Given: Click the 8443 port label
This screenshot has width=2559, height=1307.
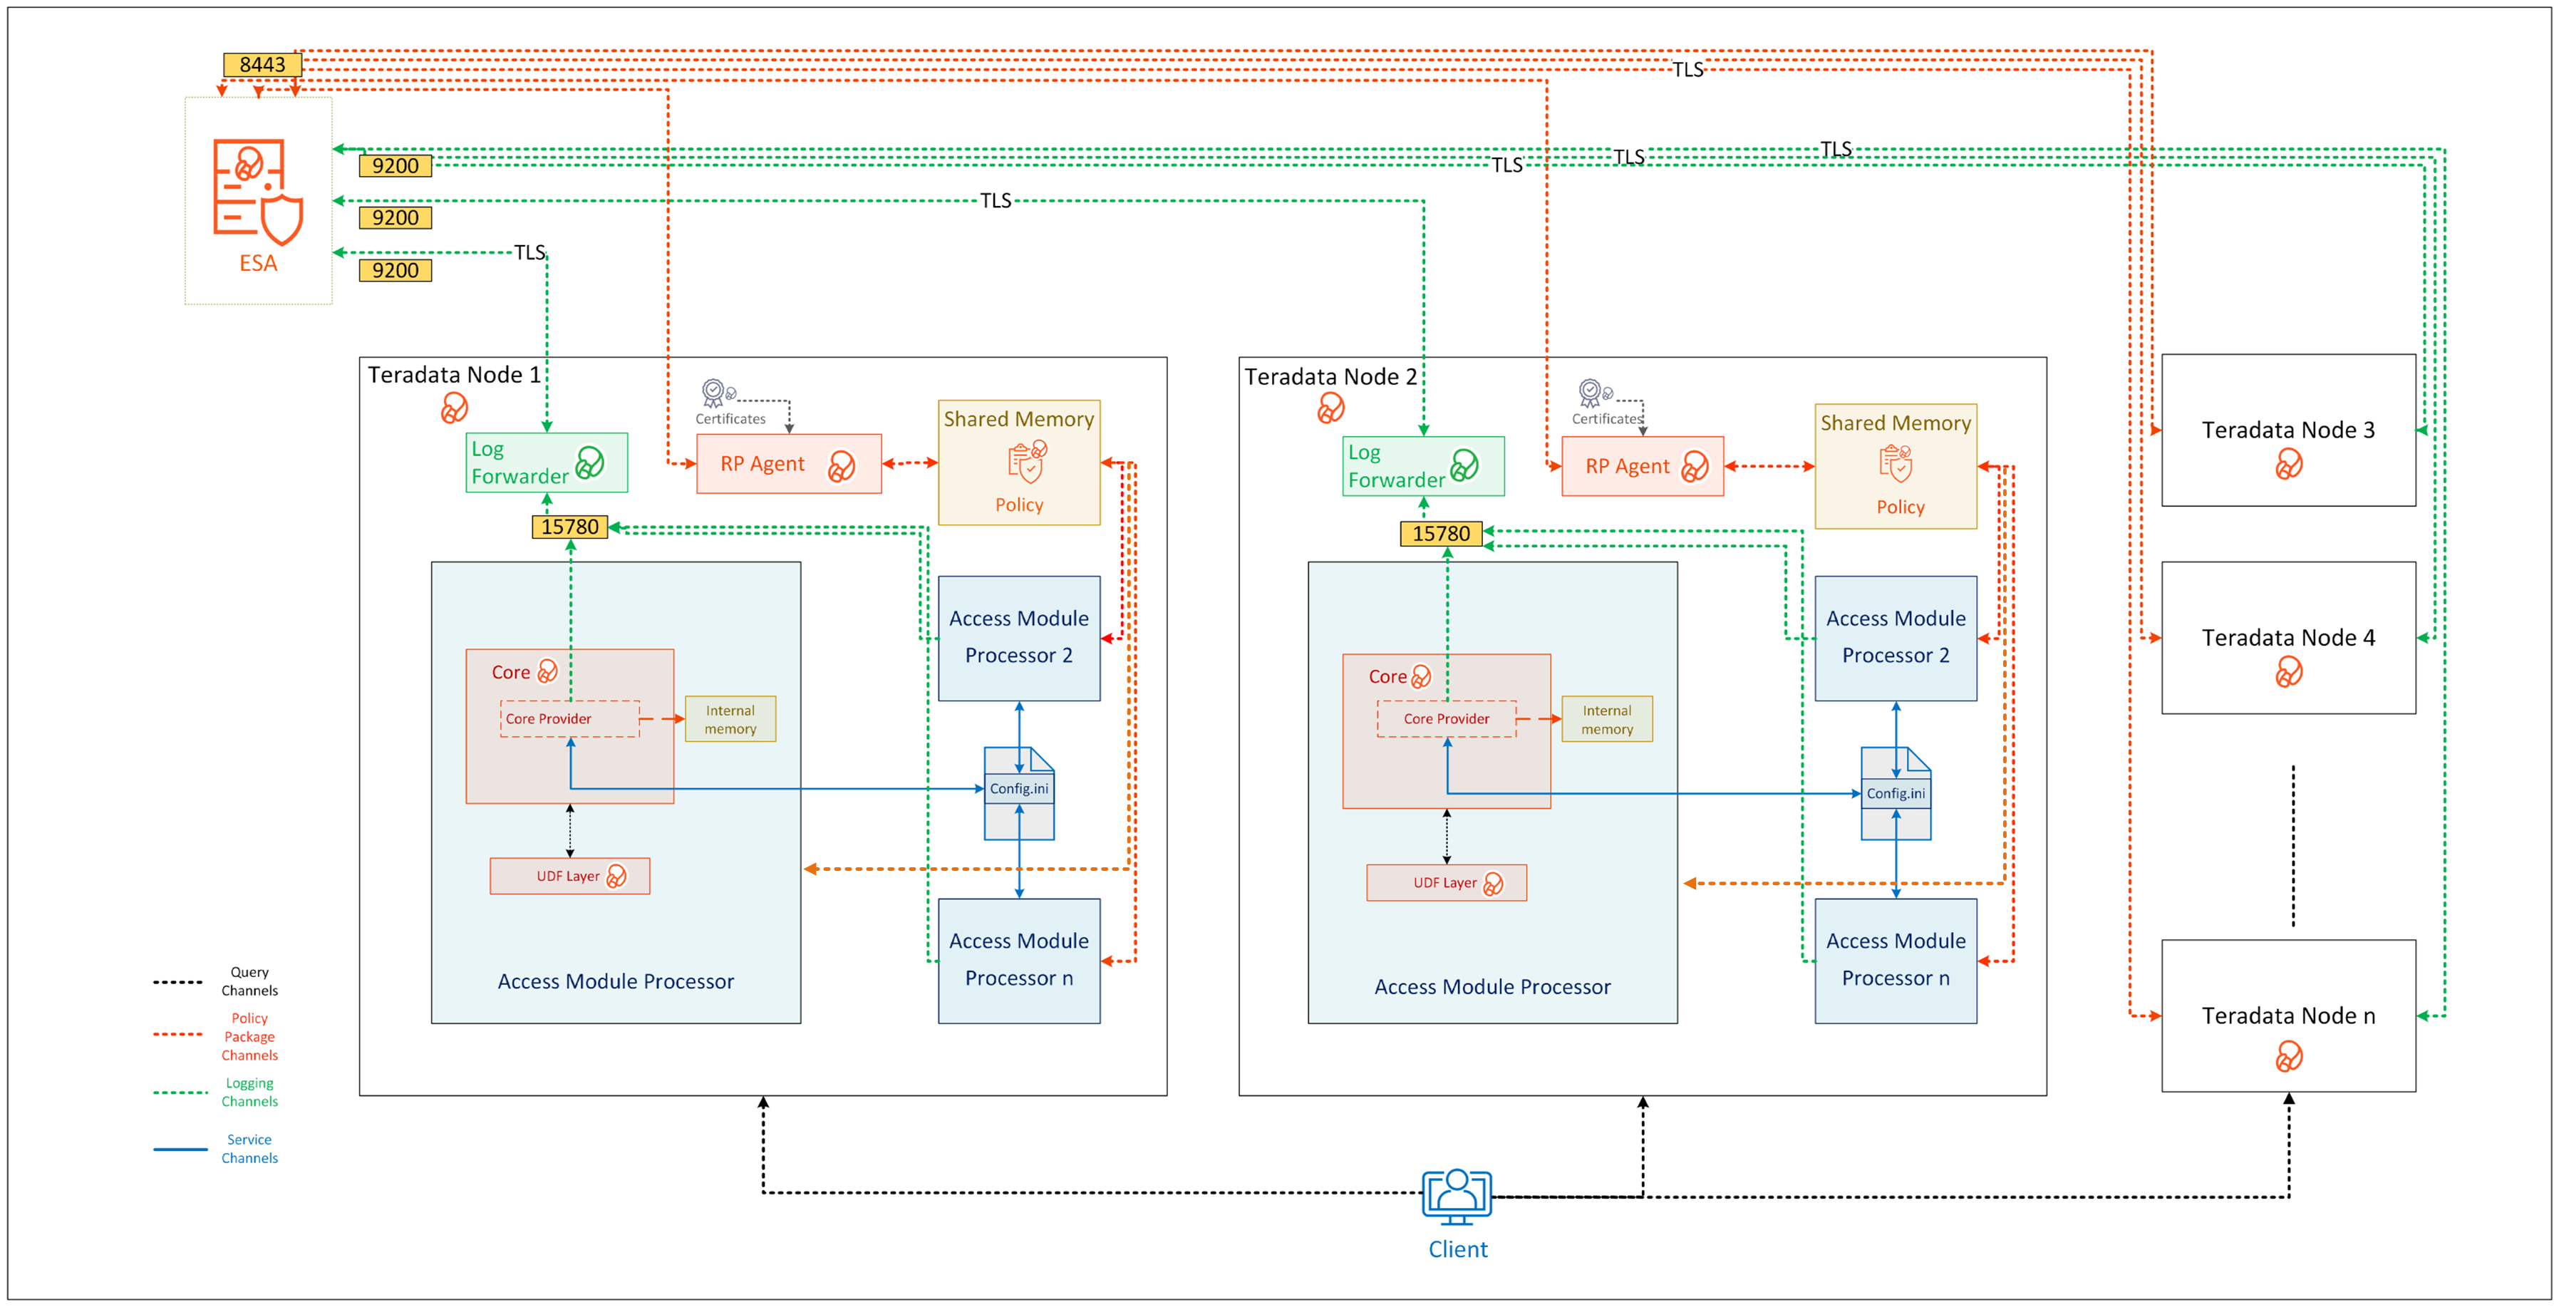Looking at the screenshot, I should [262, 65].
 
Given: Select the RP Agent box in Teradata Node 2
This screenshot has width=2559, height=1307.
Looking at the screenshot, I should [1641, 466].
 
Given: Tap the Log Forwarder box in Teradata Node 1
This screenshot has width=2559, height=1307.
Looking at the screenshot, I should [547, 463].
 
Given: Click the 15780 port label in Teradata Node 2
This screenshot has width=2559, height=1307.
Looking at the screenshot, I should [1440, 533].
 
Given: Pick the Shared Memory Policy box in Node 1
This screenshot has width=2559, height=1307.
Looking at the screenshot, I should [1018, 463].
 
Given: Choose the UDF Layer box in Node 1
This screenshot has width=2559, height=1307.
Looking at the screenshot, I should [569, 876].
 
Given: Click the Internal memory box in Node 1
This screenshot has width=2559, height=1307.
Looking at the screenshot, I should [730, 719].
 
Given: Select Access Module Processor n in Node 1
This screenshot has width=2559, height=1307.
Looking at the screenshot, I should [1018, 959].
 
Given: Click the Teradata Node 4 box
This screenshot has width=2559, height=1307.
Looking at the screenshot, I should [2287, 638].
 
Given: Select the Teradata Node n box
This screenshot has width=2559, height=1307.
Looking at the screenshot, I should [2287, 1015].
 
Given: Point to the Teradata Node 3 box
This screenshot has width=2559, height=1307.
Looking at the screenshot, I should [2287, 430].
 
